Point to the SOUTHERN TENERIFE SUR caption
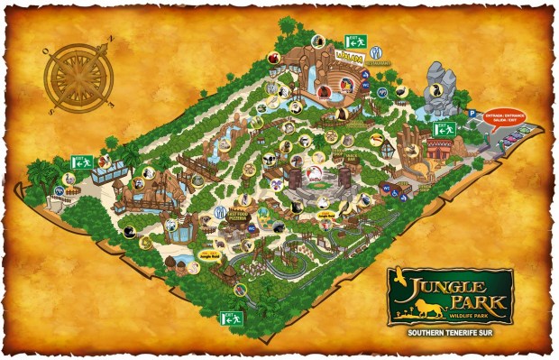[451, 332]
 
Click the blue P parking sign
[471, 113]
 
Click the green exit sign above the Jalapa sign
[354, 41]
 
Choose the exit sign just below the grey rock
[444, 129]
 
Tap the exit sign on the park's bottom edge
[231, 318]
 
